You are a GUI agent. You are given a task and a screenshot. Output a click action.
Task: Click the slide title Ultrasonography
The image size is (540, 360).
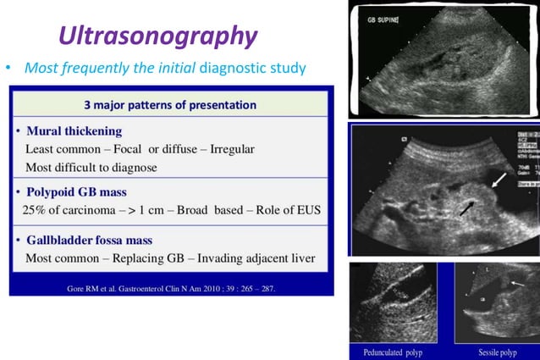pyautogui.click(x=157, y=35)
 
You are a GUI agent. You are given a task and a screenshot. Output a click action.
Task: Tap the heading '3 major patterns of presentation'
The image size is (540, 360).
pyautogui.click(x=170, y=105)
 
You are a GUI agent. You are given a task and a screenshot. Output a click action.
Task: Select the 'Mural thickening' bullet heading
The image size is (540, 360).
pyautogui.click(x=74, y=131)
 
